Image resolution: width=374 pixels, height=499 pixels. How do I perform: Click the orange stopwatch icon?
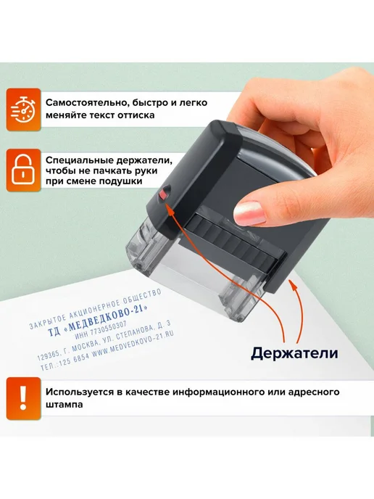23,110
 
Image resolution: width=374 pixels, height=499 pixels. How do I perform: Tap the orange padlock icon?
23,170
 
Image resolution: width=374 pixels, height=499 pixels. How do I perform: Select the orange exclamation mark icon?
23,398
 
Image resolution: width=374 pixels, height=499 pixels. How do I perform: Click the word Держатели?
294,353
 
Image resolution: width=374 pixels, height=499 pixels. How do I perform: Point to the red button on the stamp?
163,194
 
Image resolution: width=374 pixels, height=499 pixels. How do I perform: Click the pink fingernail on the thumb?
249,213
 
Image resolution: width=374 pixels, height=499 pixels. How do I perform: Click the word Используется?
80,392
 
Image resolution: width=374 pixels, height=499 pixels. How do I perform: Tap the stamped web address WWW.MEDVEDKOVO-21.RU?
133,343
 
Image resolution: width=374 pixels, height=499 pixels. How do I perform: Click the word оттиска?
136,115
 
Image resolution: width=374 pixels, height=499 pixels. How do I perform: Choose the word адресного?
314,392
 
